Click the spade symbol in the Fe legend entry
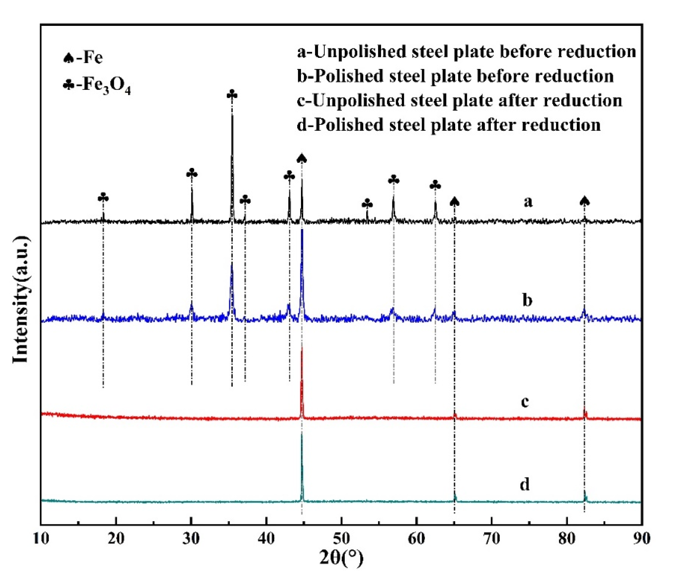68,58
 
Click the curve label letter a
528,202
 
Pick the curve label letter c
525,401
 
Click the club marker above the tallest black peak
232,95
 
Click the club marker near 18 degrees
103,198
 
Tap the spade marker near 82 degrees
584,201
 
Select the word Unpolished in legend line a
359,52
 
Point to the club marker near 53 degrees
367,204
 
